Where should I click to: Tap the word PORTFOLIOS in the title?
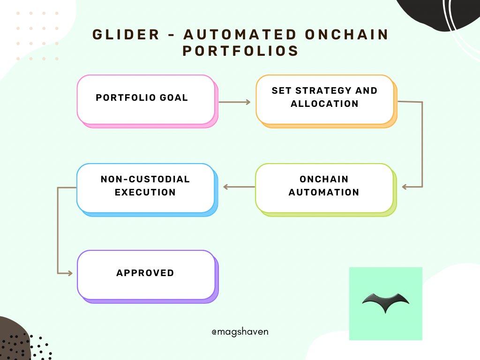(240, 51)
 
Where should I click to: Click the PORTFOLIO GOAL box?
(146, 99)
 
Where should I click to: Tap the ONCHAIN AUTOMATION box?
(324, 187)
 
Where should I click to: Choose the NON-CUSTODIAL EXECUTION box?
(145, 187)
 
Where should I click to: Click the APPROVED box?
(145, 274)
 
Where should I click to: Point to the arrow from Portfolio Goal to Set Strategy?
(235, 101)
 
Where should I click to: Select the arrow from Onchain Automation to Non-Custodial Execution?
(239, 187)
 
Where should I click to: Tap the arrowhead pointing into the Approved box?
(70, 273)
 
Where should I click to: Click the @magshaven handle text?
(240, 331)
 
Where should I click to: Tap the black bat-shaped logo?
(385, 303)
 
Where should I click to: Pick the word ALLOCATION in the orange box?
(324, 104)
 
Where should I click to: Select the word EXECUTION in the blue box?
(145, 192)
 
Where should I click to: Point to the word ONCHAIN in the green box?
(324, 180)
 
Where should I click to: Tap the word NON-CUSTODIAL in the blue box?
(145, 180)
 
